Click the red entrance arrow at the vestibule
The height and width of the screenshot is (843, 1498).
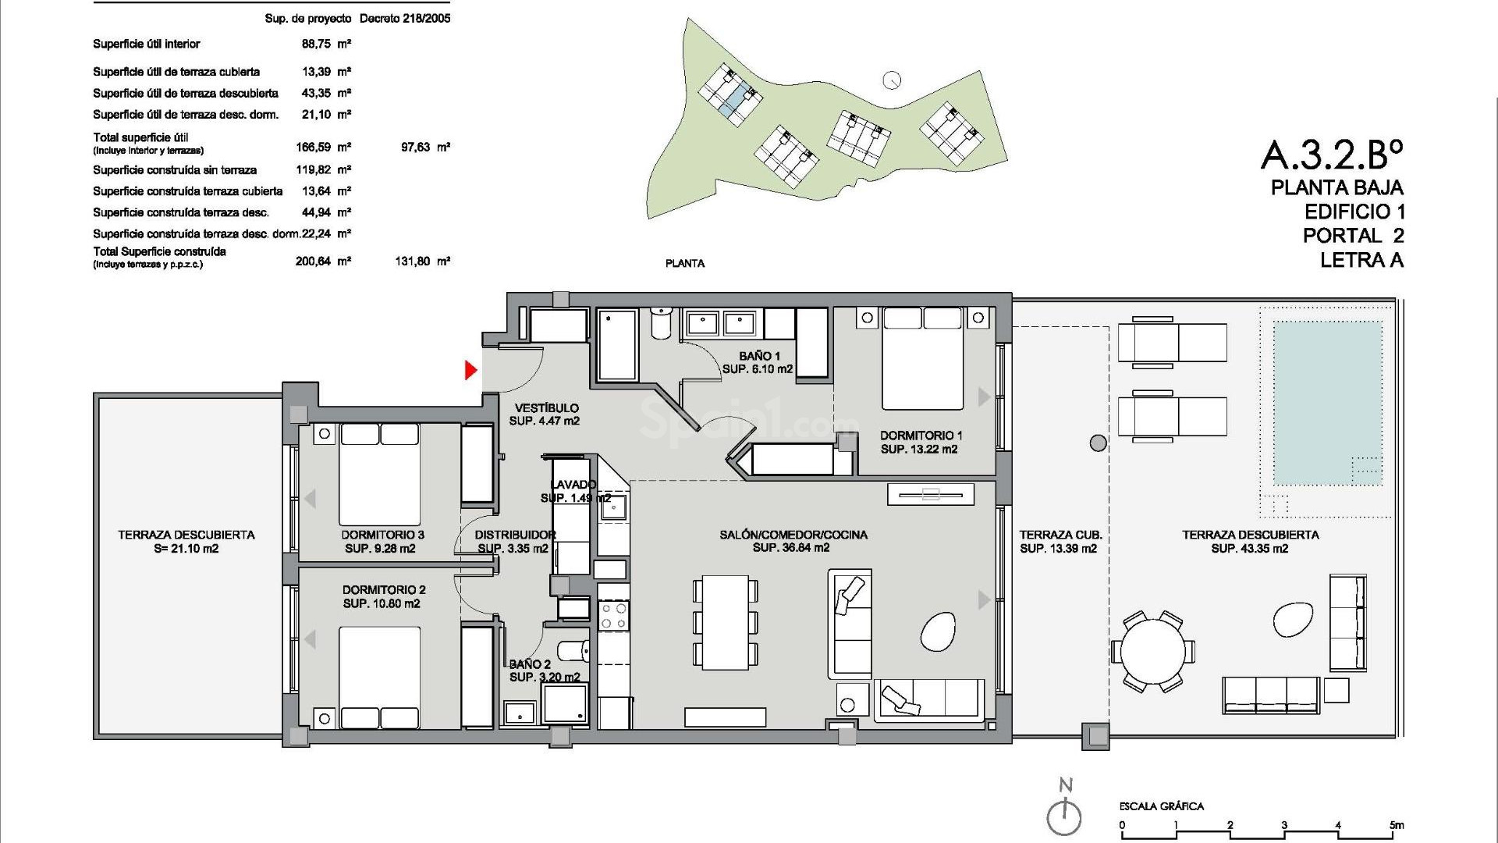pos(470,370)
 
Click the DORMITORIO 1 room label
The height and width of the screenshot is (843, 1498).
pos(921,436)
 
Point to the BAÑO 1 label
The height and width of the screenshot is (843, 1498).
pos(759,356)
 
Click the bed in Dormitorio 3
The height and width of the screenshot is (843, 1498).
pos(380,475)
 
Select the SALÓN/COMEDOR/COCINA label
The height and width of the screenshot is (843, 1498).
pos(793,535)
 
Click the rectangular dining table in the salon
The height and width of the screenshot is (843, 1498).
pos(725,622)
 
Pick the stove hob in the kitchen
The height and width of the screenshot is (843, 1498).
pos(612,616)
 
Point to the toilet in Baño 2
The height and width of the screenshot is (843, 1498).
pos(575,649)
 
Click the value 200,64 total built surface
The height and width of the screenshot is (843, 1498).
pos(314,261)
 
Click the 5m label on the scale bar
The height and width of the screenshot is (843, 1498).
pos(1396,826)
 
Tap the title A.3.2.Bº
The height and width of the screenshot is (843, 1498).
pos(1331,155)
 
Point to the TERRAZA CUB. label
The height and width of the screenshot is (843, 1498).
pos(1060,535)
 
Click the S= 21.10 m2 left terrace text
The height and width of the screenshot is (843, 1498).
pos(186,549)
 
